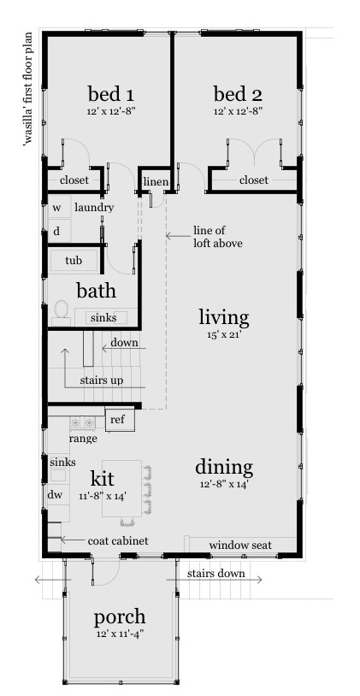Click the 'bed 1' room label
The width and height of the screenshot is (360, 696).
click(x=111, y=94)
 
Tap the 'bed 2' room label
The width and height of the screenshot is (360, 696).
click(x=238, y=94)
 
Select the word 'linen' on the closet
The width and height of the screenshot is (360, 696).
click(x=156, y=181)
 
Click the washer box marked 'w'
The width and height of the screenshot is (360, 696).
click(x=60, y=207)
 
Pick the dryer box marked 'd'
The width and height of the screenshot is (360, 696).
click(x=60, y=231)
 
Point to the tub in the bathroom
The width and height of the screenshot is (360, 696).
click(x=74, y=261)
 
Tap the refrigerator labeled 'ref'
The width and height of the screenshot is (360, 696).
click(x=120, y=420)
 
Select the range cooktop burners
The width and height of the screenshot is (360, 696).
click(x=83, y=422)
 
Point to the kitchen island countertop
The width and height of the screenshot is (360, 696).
click(x=122, y=488)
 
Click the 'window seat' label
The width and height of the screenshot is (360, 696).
click(x=240, y=545)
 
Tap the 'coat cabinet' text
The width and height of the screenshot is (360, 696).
click(x=118, y=540)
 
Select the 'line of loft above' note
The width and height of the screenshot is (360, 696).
click(x=217, y=237)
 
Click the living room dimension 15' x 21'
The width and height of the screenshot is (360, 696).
click(x=224, y=335)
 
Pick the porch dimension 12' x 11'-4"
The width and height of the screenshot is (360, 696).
click(x=120, y=634)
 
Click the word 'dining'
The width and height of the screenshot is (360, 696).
click(x=224, y=468)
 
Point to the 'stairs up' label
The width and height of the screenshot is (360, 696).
click(x=102, y=380)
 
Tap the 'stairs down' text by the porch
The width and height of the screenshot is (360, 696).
click(x=215, y=573)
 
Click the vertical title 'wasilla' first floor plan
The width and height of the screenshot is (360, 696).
click(x=29, y=89)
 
